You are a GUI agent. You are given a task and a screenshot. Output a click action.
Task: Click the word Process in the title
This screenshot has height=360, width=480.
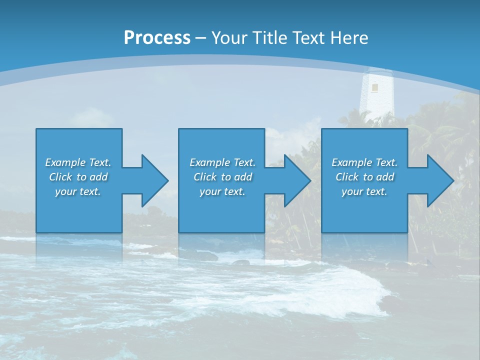157,37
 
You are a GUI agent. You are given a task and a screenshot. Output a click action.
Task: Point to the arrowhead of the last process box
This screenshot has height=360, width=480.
438,180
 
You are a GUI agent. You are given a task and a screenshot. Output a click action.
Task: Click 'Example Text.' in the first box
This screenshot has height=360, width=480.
78,162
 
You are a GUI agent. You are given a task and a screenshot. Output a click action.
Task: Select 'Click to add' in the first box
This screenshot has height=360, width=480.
78,177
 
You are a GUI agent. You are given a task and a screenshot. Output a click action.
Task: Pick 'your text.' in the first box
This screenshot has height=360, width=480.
78,191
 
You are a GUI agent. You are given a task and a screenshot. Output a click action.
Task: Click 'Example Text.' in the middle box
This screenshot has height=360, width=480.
222,162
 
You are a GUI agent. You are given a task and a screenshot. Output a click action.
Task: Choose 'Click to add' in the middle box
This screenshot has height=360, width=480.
222,177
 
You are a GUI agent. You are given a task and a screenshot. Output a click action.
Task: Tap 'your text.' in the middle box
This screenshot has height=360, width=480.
222,191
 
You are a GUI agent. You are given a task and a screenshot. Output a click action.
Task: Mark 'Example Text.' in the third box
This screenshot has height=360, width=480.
364,162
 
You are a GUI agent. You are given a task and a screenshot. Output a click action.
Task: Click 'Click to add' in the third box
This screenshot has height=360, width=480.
364,177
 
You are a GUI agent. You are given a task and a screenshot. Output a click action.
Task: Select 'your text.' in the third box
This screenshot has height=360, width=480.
364,191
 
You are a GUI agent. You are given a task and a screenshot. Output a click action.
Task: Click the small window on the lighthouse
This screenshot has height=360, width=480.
374,87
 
